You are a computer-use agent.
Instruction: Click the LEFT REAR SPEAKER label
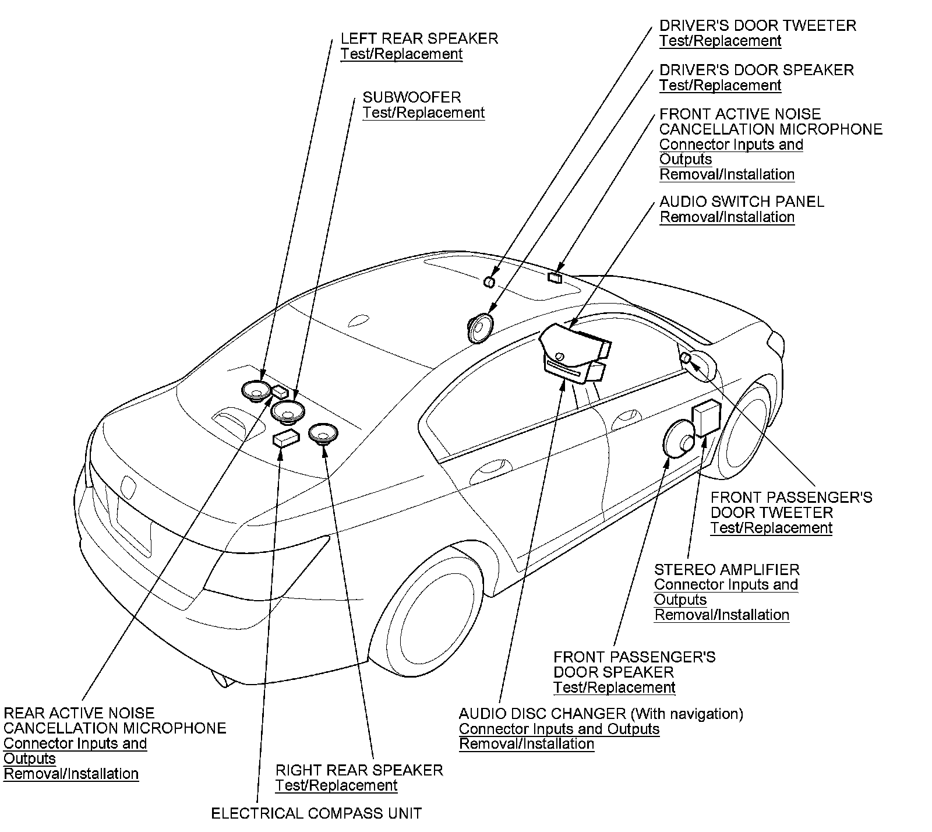pyautogui.click(x=419, y=39)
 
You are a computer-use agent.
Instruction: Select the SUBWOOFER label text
pyautogui.click(x=411, y=97)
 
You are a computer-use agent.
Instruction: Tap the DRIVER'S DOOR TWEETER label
pyautogui.click(x=757, y=26)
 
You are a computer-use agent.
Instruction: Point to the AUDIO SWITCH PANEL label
pyautogui.click(x=742, y=202)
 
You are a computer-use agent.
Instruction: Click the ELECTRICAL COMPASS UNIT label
pyautogui.click(x=316, y=813)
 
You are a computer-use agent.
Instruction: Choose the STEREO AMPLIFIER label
pyautogui.click(x=726, y=570)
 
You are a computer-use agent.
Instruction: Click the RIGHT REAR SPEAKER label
pyautogui.click(x=359, y=770)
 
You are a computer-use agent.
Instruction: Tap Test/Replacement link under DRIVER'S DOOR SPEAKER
pyautogui.click(x=720, y=86)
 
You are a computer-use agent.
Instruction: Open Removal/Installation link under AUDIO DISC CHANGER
pyautogui.click(x=527, y=744)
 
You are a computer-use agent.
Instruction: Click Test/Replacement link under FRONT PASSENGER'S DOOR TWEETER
pyautogui.click(x=771, y=528)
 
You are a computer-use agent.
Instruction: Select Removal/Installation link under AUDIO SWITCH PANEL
pyautogui.click(x=727, y=217)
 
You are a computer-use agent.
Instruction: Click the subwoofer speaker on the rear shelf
pyautogui.click(x=288, y=411)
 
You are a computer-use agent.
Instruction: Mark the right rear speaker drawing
pyautogui.click(x=323, y=434)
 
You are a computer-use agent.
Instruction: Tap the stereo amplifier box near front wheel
pyautogui.click(x=706, y=418)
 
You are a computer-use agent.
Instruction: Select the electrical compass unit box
pyautogui.click(x=286, y=438)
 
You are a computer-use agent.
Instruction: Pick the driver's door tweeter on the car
pyautogui.click(x=489, y=283)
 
